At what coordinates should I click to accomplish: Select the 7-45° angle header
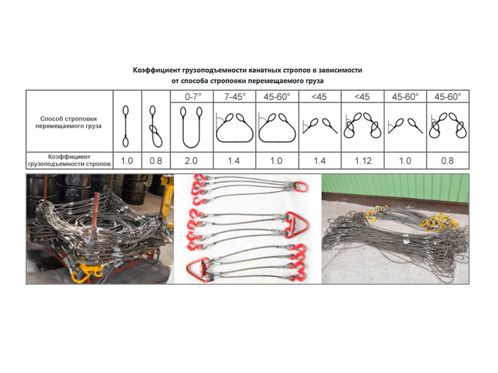(235, 97)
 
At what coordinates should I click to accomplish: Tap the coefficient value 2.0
(191, 161)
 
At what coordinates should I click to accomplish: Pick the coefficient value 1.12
(363, 161)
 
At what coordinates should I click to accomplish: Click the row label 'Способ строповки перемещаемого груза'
(68, 122)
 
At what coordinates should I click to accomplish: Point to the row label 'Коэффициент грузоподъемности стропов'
(69, 160)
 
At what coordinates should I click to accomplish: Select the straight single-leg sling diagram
(126, 126)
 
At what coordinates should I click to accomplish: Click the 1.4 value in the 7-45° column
(233, 161)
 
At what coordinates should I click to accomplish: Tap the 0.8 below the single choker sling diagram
(156, 161)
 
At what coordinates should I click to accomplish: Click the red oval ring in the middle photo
(301, 186)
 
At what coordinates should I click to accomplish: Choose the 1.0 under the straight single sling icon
(127, 161)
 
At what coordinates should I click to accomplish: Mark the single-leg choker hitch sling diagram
(155, 126)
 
